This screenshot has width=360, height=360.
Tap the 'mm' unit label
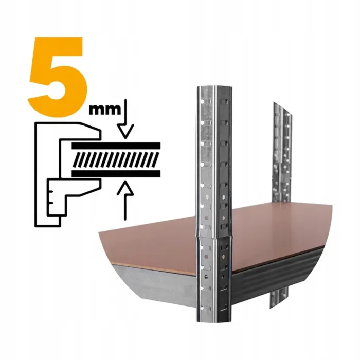click(105, 110)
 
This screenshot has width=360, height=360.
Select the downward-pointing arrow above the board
click(125, 119)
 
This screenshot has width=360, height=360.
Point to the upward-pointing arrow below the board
click(125, 200)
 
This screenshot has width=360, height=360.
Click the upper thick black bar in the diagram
click(116, 146)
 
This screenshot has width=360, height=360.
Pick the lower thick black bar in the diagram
click(116, 174)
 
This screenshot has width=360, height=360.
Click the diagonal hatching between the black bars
click(116, 159)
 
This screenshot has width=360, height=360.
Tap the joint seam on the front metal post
click(214, 237)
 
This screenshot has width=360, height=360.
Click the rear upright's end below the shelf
click(278, 298)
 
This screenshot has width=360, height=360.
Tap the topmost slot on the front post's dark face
click(224, 102)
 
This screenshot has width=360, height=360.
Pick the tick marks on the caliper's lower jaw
click(51, 197)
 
